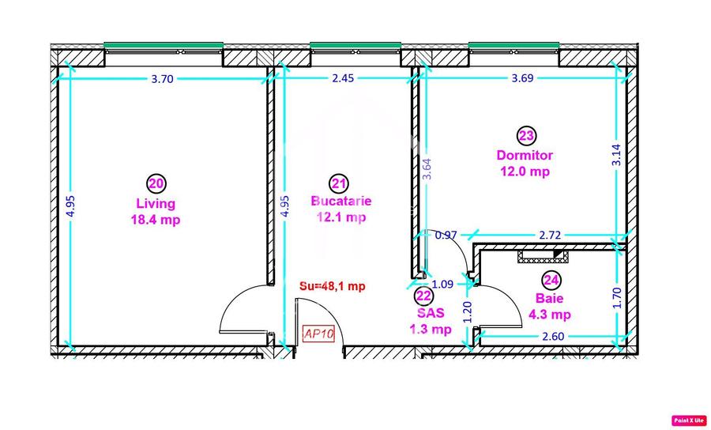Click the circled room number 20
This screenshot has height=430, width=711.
click(156, 183)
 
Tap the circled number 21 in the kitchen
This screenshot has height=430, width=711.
click(339, 183)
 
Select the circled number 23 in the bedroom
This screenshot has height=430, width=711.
click(526, 136)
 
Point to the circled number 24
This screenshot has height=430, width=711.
click(551, 280)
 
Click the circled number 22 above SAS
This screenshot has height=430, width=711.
click(424, 296)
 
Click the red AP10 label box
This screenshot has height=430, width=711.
click(319, 334)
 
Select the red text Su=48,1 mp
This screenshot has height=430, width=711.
click(332, 286)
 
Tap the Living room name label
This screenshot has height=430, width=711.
click(156, 204)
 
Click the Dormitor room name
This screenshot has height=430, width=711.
click(525, 156)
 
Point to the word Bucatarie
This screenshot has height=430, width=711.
click(340, 202)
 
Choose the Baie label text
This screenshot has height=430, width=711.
click(549, 299)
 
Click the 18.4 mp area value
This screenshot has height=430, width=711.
click(156, 220)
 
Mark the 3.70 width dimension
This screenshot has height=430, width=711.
click(160, 78)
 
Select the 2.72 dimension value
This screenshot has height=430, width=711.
click(551, 235)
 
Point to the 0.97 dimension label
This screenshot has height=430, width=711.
click(446, 235)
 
